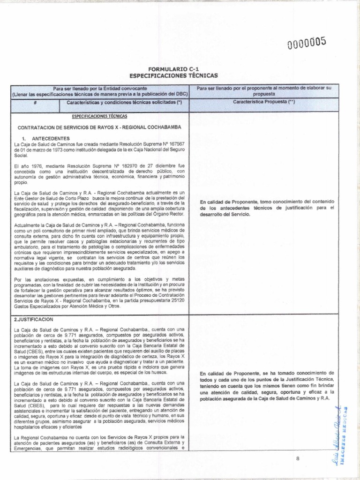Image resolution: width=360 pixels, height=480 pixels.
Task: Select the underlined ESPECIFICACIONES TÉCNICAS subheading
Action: [99, 116]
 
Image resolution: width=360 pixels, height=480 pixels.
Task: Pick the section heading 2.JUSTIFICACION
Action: [35, 319]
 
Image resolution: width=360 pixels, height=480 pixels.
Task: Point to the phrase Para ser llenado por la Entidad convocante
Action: [94, 88]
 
